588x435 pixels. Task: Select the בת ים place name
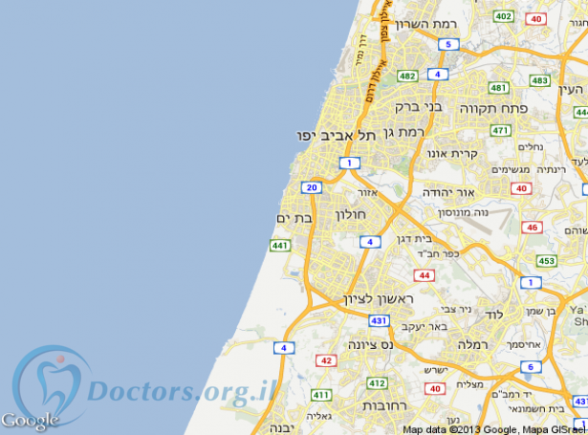pos(295,219)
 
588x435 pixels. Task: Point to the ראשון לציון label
pos(380,300)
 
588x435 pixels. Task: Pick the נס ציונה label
pos(364,344)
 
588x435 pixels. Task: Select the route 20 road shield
pos(311,187)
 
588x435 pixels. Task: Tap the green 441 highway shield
pos(279,246)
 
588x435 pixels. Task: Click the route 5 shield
pos(447,44)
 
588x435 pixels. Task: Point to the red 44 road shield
pos(425,275)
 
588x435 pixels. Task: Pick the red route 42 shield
pos(327,360)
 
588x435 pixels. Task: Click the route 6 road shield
pos(529,366)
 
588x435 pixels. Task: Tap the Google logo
pos(29,419)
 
